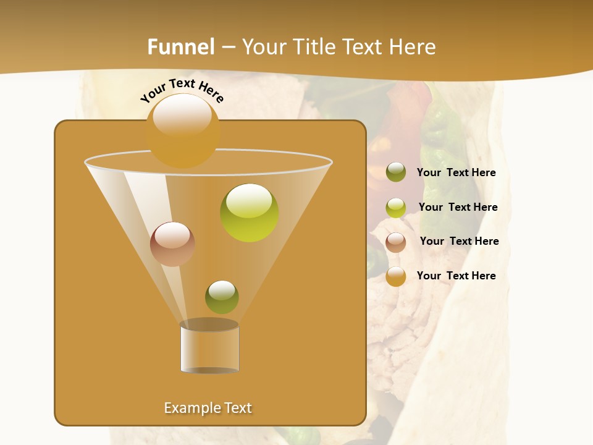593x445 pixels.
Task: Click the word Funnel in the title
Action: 181,46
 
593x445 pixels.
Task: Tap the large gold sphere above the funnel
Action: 183,130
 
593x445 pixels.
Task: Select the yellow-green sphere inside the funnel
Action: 250,213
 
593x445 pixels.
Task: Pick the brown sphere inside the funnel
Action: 172,244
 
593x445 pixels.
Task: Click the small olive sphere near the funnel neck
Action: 222,297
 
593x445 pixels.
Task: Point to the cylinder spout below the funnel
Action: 209,347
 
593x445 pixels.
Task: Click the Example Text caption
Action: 208,408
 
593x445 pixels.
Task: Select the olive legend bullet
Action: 396,172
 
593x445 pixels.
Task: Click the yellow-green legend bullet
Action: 396,208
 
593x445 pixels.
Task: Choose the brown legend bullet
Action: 396,242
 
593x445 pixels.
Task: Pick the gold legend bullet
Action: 396,276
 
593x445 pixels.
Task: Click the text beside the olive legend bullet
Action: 456,173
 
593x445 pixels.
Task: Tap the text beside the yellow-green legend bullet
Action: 458,207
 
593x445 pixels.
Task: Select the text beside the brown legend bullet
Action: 459,241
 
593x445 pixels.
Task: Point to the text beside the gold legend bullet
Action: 456,276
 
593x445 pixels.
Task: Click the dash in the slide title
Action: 228,47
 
